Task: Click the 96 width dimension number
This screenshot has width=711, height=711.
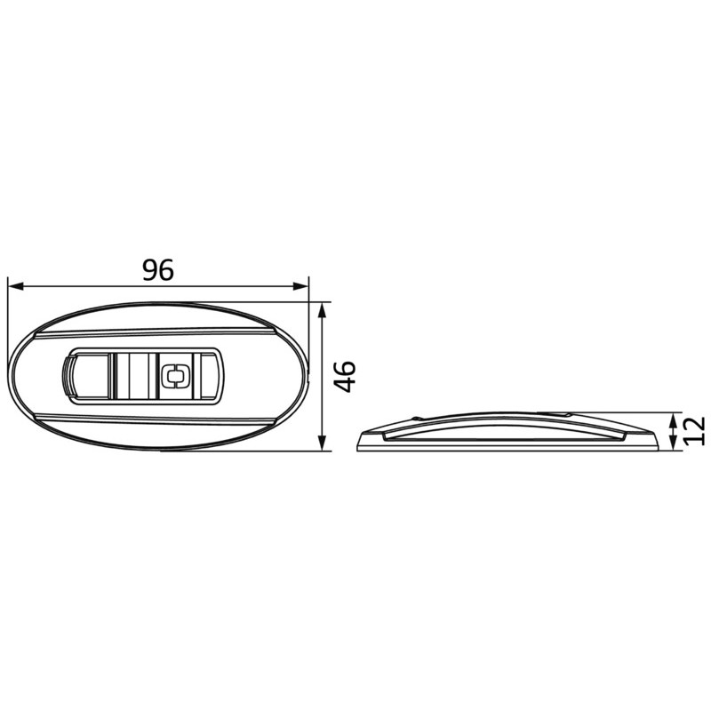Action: pos(158,270)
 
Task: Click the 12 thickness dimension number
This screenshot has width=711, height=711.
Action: pos(695,430)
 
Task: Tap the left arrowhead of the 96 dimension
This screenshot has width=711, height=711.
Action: pos(16,286)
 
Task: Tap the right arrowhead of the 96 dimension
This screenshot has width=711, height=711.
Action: pos(300,286)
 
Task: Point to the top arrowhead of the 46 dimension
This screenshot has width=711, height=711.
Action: pos(322,310)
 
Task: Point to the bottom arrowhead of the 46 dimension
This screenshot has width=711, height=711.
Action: pos(322,443)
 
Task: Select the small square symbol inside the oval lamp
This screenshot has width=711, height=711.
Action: pos(175,376)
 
